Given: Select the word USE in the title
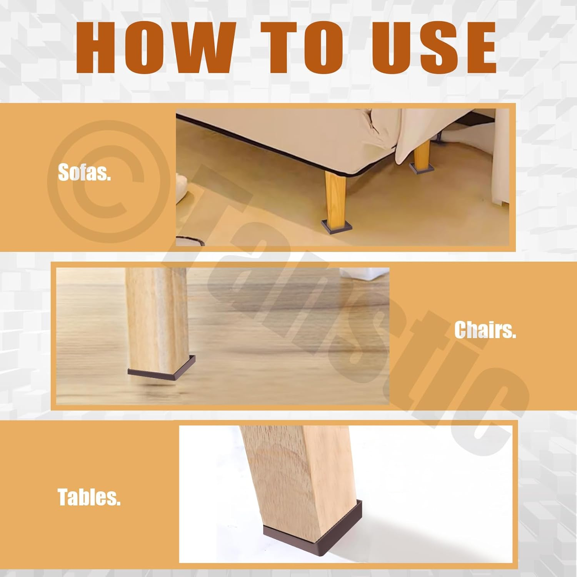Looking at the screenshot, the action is (434, 48).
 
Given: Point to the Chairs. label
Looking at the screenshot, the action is (485, 330).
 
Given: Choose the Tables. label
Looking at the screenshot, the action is (89, 497).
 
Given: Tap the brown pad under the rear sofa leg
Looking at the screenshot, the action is (422, 168).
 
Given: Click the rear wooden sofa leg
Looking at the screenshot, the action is (422, 153).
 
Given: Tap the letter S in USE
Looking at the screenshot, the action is (434, 48).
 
